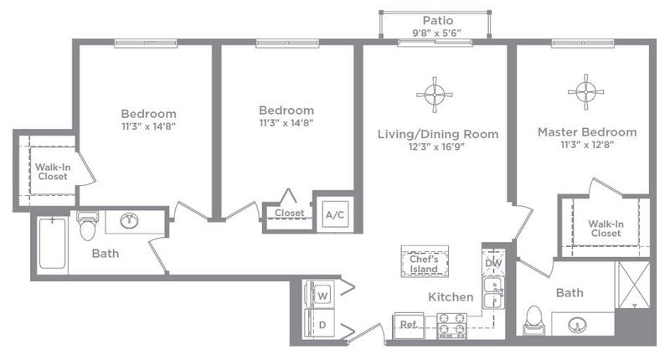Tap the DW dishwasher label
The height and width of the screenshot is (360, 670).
pos(492,264)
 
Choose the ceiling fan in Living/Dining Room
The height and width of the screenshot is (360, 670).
pos(434,95)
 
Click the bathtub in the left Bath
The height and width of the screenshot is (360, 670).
pos(52,243)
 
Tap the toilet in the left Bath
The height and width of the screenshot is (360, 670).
pos(88,226)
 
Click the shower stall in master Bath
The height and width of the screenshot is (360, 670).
pos(632,285)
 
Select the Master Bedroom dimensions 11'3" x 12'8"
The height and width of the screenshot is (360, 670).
pos(586,146)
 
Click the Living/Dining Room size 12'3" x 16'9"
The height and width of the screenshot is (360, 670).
pos(437,147)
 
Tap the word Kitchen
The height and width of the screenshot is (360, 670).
pos(451,297)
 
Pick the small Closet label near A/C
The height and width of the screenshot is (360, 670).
pos(289,213)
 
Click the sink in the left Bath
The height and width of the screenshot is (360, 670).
pos(130,221)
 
